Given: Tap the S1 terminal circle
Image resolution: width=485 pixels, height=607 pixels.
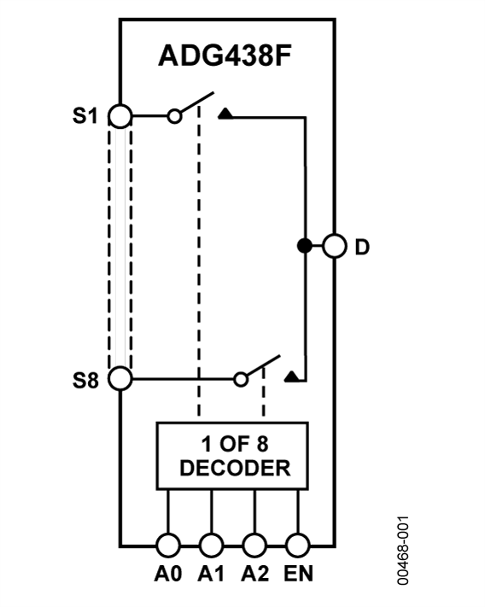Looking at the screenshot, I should tap(121, 117).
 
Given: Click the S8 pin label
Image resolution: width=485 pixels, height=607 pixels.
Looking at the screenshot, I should tap(85, 378).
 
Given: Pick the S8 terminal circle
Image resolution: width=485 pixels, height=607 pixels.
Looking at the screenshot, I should tap(121, 377).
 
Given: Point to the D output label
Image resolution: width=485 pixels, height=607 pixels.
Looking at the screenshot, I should tap(363, 248).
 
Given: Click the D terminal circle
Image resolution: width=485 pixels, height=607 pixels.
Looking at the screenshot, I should tap(335, 247).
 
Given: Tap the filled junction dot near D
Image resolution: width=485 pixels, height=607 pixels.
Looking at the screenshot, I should tap(303, 247).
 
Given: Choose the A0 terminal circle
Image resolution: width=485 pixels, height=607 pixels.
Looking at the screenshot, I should tap(168, 543).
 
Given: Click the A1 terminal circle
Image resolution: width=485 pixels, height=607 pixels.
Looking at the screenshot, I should tap(211, 543).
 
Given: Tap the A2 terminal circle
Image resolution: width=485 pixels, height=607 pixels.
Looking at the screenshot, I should tap(254, 543).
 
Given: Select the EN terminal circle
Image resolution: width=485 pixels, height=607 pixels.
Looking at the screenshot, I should tap(296, 543).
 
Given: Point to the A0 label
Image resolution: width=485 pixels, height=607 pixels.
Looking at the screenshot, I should tap(168, 573).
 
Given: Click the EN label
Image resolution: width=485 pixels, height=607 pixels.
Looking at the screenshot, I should tap(298, 573).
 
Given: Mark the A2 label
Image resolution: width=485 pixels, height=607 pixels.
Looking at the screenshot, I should tap(254, 573).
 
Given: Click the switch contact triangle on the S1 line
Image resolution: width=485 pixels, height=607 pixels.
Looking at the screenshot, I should tap(225, 113).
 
